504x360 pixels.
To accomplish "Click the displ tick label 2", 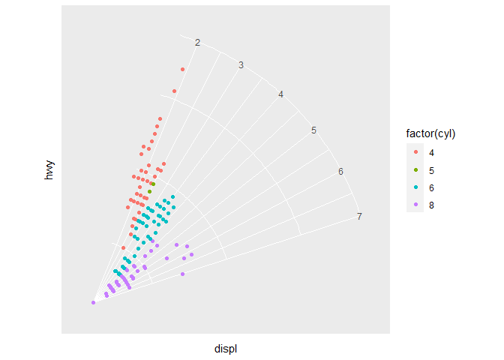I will [x=197, y=43].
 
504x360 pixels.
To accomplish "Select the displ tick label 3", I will [x=241, y=65].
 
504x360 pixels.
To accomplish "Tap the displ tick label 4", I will [x=280, y=94].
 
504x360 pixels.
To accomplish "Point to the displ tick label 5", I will [x=313, y=130].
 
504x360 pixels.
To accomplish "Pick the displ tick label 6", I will [x=340, y=172].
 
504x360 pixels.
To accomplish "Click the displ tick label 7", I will [x=359, y=217].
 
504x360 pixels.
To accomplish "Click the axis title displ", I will [x=226, y=349].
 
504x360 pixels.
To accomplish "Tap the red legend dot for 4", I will [x=415, y=152].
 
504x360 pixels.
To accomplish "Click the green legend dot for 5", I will [x=415, y=169].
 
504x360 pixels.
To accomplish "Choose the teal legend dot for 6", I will [x=415, y=187].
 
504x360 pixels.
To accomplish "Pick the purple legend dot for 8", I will [x=415, y=204].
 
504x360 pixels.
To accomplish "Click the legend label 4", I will [x=431, y=152].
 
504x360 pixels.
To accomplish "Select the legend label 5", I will [x=431, y=169].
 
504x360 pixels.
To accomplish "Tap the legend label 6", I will [x=431, y=187].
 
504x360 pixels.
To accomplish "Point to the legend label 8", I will [x=431, y=204].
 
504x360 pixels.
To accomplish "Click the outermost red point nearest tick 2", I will [x=182, y=70].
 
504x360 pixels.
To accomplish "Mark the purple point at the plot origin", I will [x=93, y=302].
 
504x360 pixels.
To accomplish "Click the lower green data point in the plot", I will [x=150, y=191].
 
